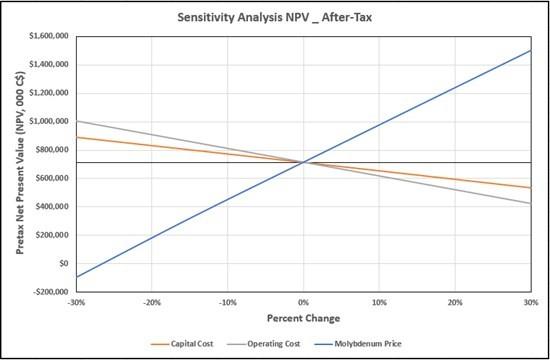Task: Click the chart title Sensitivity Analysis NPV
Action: tap(243, 17)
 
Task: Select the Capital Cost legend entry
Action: tap(182, 344)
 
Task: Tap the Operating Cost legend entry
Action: tap(264, 344)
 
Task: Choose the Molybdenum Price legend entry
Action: tap(357, 344)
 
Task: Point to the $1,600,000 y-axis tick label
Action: tap(48, 36)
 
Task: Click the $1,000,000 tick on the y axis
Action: tap(48, 121)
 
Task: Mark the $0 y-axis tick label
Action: tap(63, 263)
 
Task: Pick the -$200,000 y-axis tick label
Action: tap(50, 292)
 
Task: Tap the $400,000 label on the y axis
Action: tap(52, 206)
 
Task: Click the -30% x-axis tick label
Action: tap(76, 302)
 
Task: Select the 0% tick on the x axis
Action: tap(303, 302)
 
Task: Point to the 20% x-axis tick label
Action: tap(455, 302)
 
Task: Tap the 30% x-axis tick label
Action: tap(531, 302)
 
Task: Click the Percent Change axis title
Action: tap(303, 318)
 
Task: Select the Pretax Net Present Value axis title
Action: tap(20, 163)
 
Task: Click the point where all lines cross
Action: tap(303, 162)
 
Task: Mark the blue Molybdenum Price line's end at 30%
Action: tap(531, 50)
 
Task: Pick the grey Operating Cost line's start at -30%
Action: tap(76, 121)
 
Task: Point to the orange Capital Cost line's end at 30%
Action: tap(531, 188)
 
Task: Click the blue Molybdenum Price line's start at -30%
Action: tap(76, 277)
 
